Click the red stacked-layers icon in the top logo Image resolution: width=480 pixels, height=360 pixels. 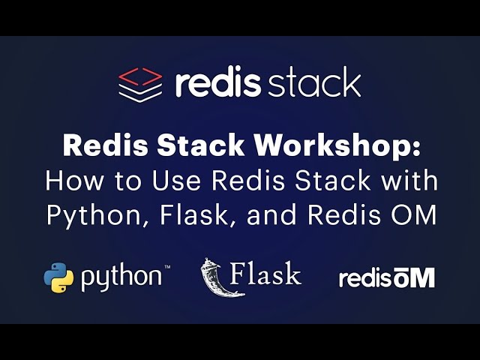[140, 83]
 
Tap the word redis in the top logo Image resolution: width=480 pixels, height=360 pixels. [217, 82]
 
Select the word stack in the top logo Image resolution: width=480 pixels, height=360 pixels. [313, 82]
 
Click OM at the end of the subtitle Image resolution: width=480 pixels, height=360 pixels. [412, 215]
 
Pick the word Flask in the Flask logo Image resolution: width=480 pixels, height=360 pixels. [265, 274]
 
